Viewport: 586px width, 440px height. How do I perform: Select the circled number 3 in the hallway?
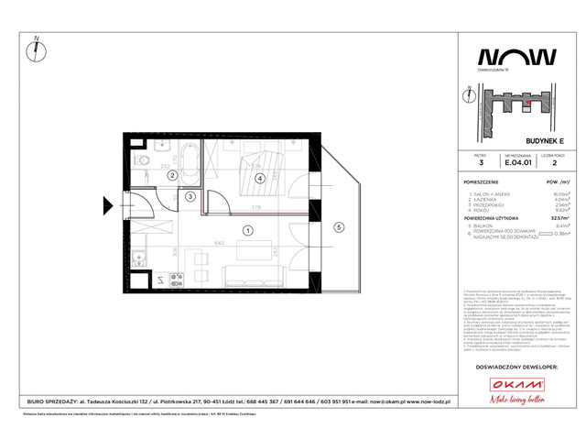[190, 196]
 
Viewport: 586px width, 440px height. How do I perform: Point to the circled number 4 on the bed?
[260, 178]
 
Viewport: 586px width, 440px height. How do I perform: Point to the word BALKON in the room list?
[481, 225]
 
